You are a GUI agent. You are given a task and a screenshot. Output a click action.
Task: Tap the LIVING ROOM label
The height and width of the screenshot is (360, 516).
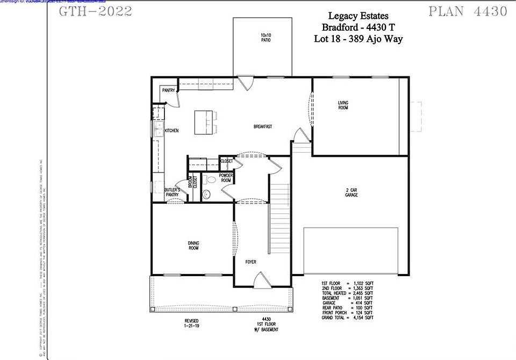343,105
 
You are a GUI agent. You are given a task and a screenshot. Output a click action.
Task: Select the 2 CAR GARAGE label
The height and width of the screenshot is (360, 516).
352,192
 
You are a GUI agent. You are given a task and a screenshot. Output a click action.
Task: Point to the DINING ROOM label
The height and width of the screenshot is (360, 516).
193,246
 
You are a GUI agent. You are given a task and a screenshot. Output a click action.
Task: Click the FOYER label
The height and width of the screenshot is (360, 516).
251,262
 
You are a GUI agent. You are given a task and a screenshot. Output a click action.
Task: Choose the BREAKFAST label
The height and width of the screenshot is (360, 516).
263,127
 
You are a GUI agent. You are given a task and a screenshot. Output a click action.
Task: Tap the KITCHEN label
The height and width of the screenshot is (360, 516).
171,131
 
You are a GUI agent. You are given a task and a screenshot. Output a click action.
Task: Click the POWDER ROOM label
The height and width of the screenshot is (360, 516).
225,178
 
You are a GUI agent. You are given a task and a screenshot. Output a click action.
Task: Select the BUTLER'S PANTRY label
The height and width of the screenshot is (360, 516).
172,192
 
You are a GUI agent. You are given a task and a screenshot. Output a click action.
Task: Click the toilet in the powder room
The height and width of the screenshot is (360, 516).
210,179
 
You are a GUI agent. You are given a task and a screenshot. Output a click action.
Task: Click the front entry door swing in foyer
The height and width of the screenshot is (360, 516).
260,279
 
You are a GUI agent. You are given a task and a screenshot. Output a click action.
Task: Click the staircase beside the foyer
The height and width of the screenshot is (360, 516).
278,215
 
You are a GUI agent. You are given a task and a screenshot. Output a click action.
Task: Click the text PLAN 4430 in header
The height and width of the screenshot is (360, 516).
468,12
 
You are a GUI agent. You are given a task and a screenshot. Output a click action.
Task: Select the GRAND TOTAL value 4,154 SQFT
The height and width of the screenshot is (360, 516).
362,318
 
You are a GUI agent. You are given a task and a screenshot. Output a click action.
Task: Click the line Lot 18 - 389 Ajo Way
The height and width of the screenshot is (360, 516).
358,39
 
